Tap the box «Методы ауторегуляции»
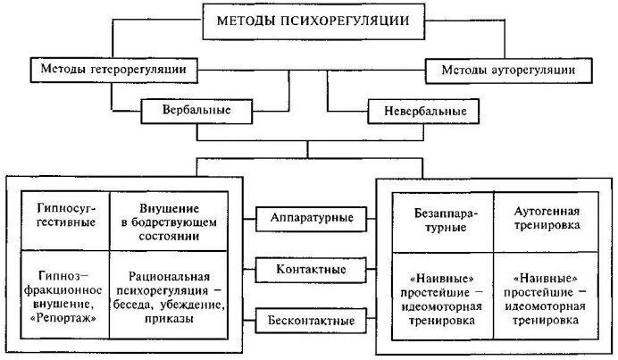[x=510, y=68]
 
